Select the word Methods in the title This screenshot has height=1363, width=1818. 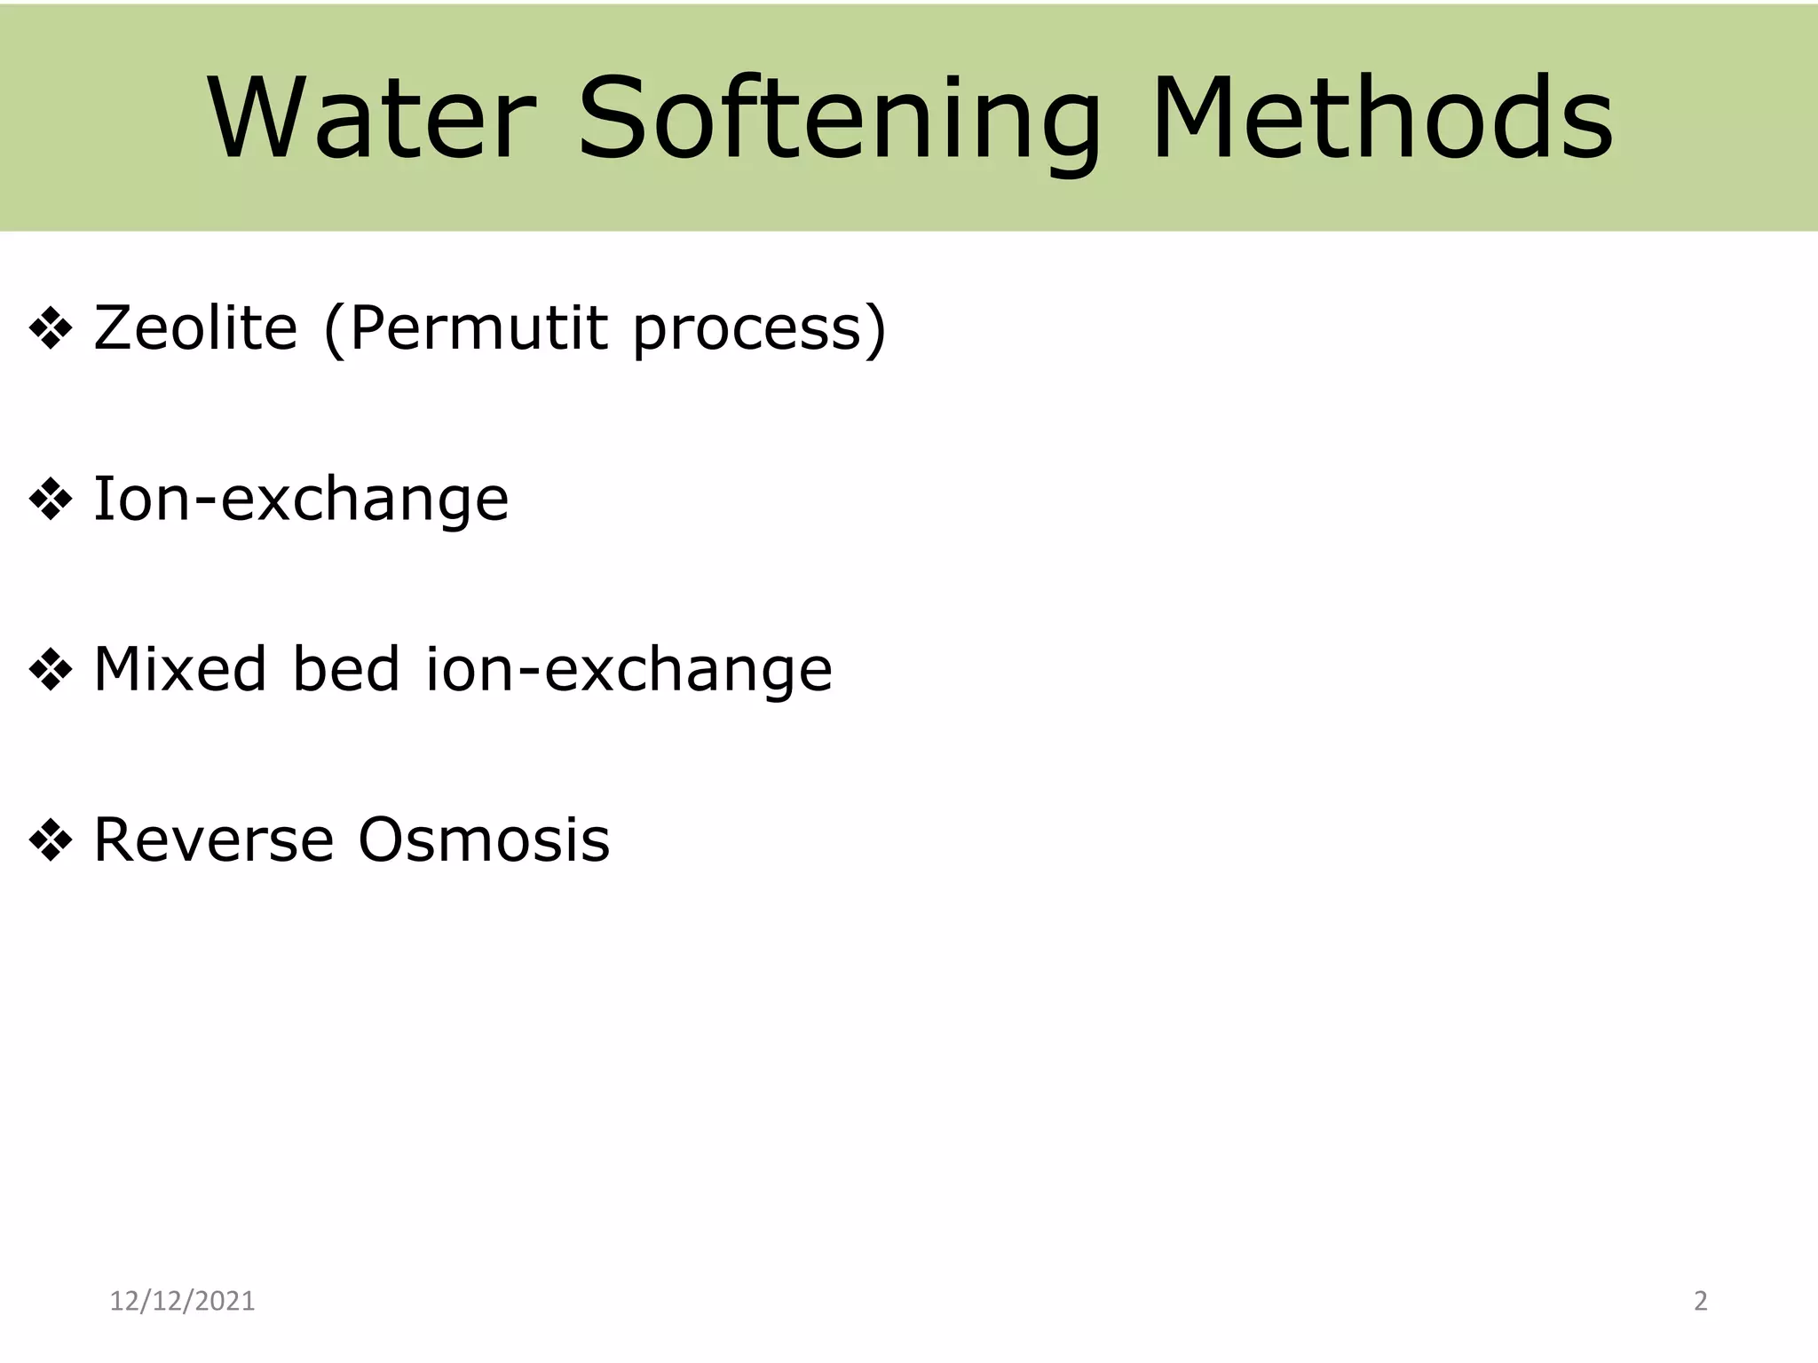coord(1381,119)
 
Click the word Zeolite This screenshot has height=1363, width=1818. coord(195,328)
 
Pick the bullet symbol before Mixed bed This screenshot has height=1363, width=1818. coord(51,671)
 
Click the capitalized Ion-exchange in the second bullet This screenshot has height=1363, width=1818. coord(301,499)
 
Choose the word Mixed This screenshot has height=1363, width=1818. coord(179,669)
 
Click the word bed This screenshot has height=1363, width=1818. coord(346,669)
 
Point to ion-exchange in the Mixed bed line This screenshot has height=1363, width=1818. coord(628,671)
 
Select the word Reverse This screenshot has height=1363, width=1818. coord(213,840)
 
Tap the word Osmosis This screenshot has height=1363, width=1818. coord(484,840)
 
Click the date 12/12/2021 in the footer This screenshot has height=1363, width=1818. coord(182,1301)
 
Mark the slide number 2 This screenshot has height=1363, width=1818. coord(1700,1301)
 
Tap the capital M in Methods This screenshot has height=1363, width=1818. coord(1200,119)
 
